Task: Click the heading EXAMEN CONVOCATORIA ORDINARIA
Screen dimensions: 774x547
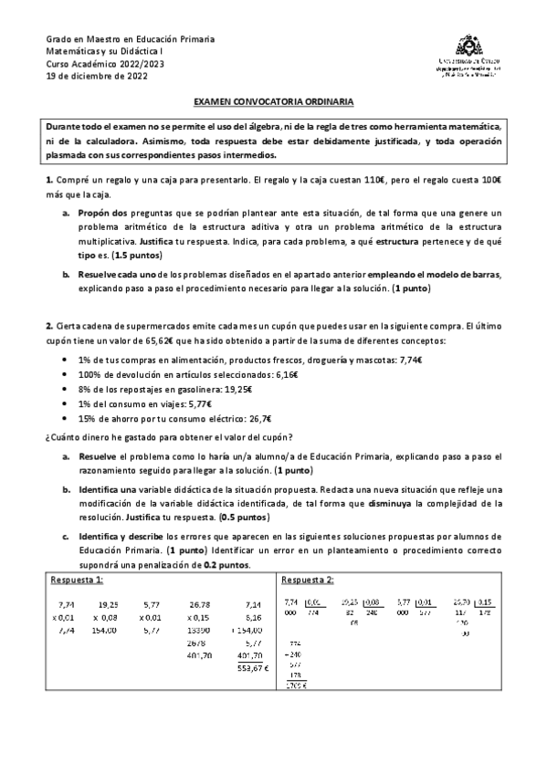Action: pyautogui.click(x=273, y=105)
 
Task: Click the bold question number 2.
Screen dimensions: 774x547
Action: pyautogui.click(x=49, y=327)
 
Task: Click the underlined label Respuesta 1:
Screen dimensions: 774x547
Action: pyautogui.click(x=76, y=580)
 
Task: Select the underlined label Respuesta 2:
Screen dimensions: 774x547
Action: pyautogui.click(x=308, y=580)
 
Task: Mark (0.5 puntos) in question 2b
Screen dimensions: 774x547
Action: pyautogui.click(x=219, y=516)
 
